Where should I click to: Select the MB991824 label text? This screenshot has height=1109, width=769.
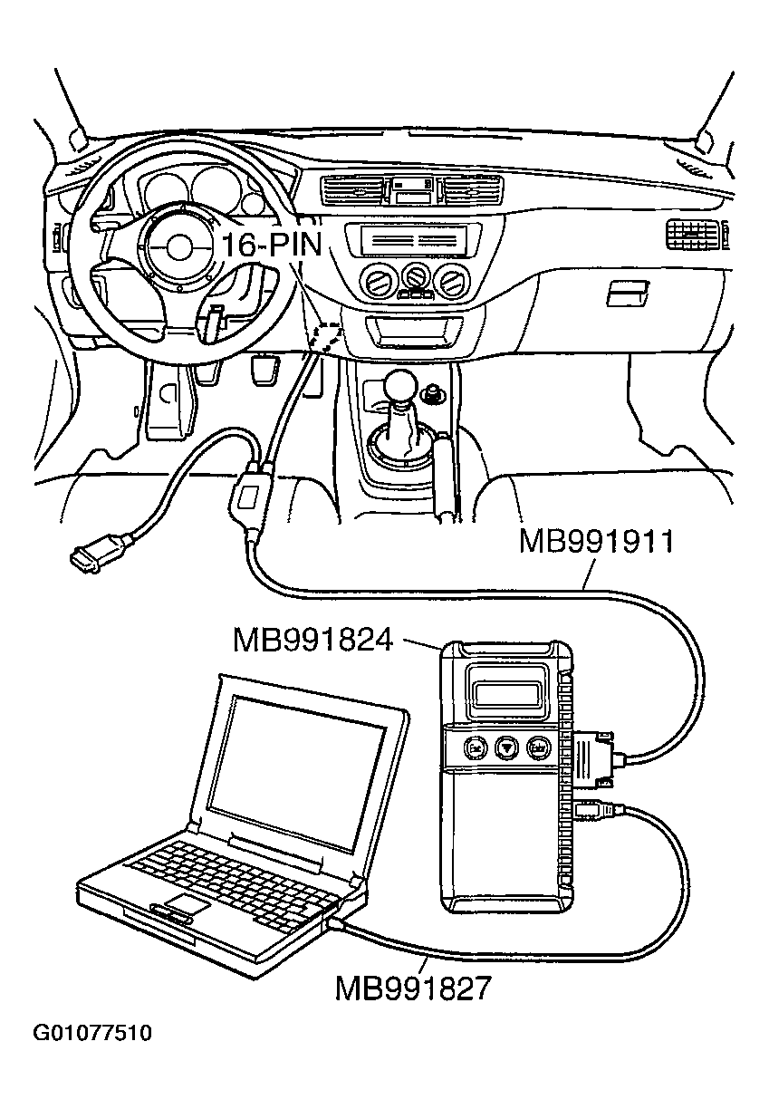click(312, 640)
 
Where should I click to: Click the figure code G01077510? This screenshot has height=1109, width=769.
click(92, 1033)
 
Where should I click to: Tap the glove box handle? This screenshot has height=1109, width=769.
click(628, 292)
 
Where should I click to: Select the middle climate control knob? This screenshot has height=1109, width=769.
click(417, 276)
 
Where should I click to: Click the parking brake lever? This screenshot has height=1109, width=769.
click(446, 476)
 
